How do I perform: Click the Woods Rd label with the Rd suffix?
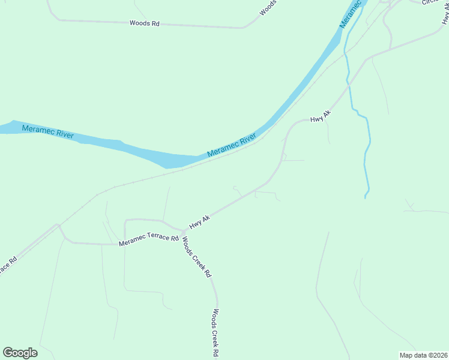[145, 23]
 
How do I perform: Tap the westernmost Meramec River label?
[47, 131]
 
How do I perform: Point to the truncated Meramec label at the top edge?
[352, 13]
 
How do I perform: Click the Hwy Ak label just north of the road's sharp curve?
[320, 116]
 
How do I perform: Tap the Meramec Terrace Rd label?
[149, 240]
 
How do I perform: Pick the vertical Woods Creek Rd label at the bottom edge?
[215, 333]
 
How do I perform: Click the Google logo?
[20, 353]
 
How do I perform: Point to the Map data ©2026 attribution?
[423, 355]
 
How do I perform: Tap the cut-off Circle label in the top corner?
[430, 2]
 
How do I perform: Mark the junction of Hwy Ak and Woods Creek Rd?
[184, 232]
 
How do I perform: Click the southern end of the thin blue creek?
[366, 196]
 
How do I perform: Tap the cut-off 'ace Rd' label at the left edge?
[7, 265]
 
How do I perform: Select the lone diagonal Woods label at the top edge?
[268, 8]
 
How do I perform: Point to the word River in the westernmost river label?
[62, 134]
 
